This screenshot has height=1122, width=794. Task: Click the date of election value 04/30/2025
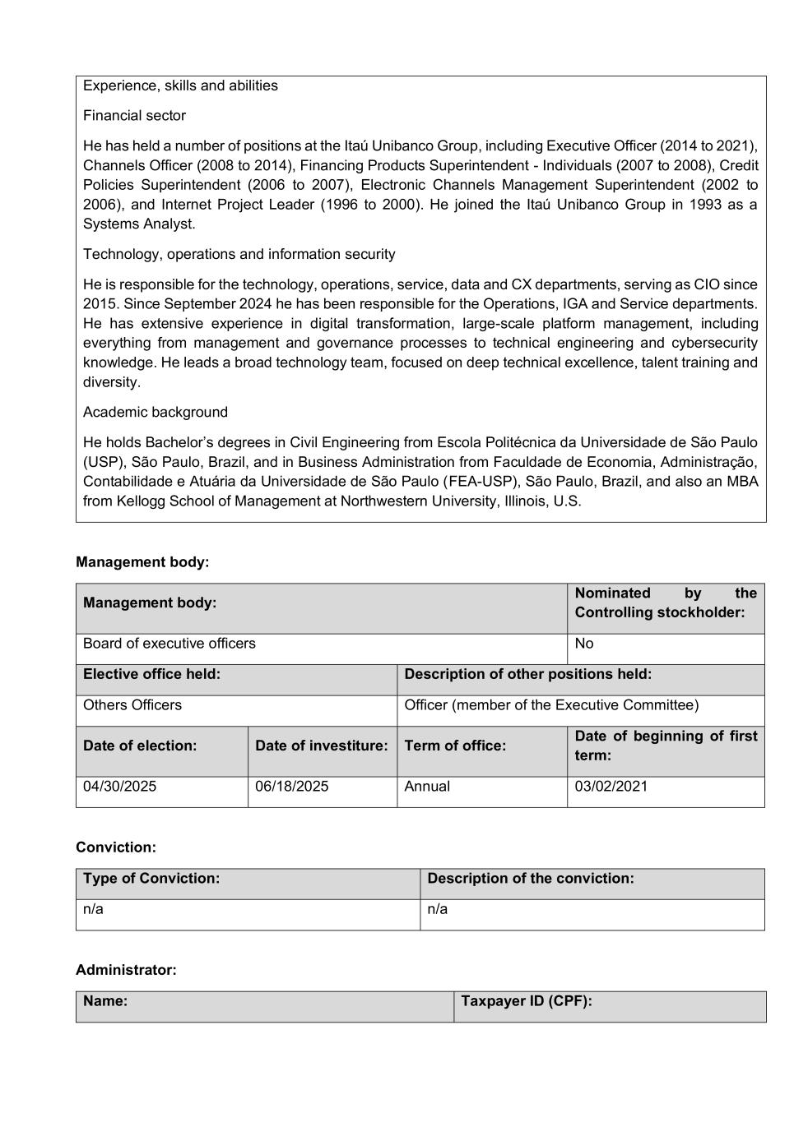(x=119, y=787)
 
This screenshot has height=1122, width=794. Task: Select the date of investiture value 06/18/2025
(x=291, y=787)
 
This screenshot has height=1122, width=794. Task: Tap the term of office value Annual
(x=427, y=787)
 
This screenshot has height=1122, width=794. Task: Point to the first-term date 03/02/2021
(x=611, y=787)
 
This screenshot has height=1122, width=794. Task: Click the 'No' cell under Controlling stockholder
(x=584, y=644)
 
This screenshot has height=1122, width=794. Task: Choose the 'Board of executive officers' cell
(x=169, y=644)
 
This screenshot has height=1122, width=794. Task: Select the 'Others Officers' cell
(x=132, y=705)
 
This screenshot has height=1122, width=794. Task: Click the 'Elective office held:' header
(x=151, y=674)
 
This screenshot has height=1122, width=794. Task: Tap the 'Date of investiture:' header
(x=321, y=746)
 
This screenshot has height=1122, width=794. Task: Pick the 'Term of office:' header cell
(x=455, y=746)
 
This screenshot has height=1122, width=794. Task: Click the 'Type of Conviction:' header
(x=151, y=879)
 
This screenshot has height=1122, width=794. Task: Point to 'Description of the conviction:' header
(x=531, y=879)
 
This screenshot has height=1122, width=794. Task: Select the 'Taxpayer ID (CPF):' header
(x=527, y=1001)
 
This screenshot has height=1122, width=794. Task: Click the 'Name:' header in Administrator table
(x=105, y=1001)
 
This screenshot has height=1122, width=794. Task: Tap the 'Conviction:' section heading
(x=116, y=847)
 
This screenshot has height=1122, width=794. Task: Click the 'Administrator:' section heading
(x=126, y=970)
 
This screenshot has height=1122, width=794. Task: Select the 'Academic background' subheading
(x=156, y=413)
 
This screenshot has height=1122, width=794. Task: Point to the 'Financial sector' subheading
(x=134, y=116)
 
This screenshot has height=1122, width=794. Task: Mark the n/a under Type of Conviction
(x=93, y=909)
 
